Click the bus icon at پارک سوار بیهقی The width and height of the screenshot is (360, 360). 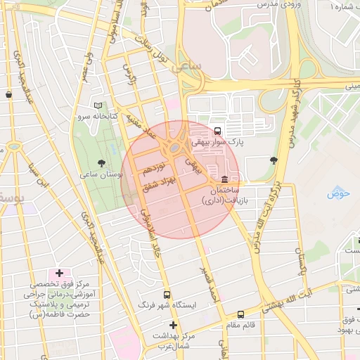[217, 130]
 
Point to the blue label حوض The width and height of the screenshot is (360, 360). [338, 193]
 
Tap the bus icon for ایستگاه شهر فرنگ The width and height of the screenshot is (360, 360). [167, 295]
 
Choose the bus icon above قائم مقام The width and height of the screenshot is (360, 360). [240, 314]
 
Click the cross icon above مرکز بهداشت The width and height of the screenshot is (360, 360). [173, 324]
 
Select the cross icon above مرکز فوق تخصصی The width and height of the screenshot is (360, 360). [59, 273]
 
